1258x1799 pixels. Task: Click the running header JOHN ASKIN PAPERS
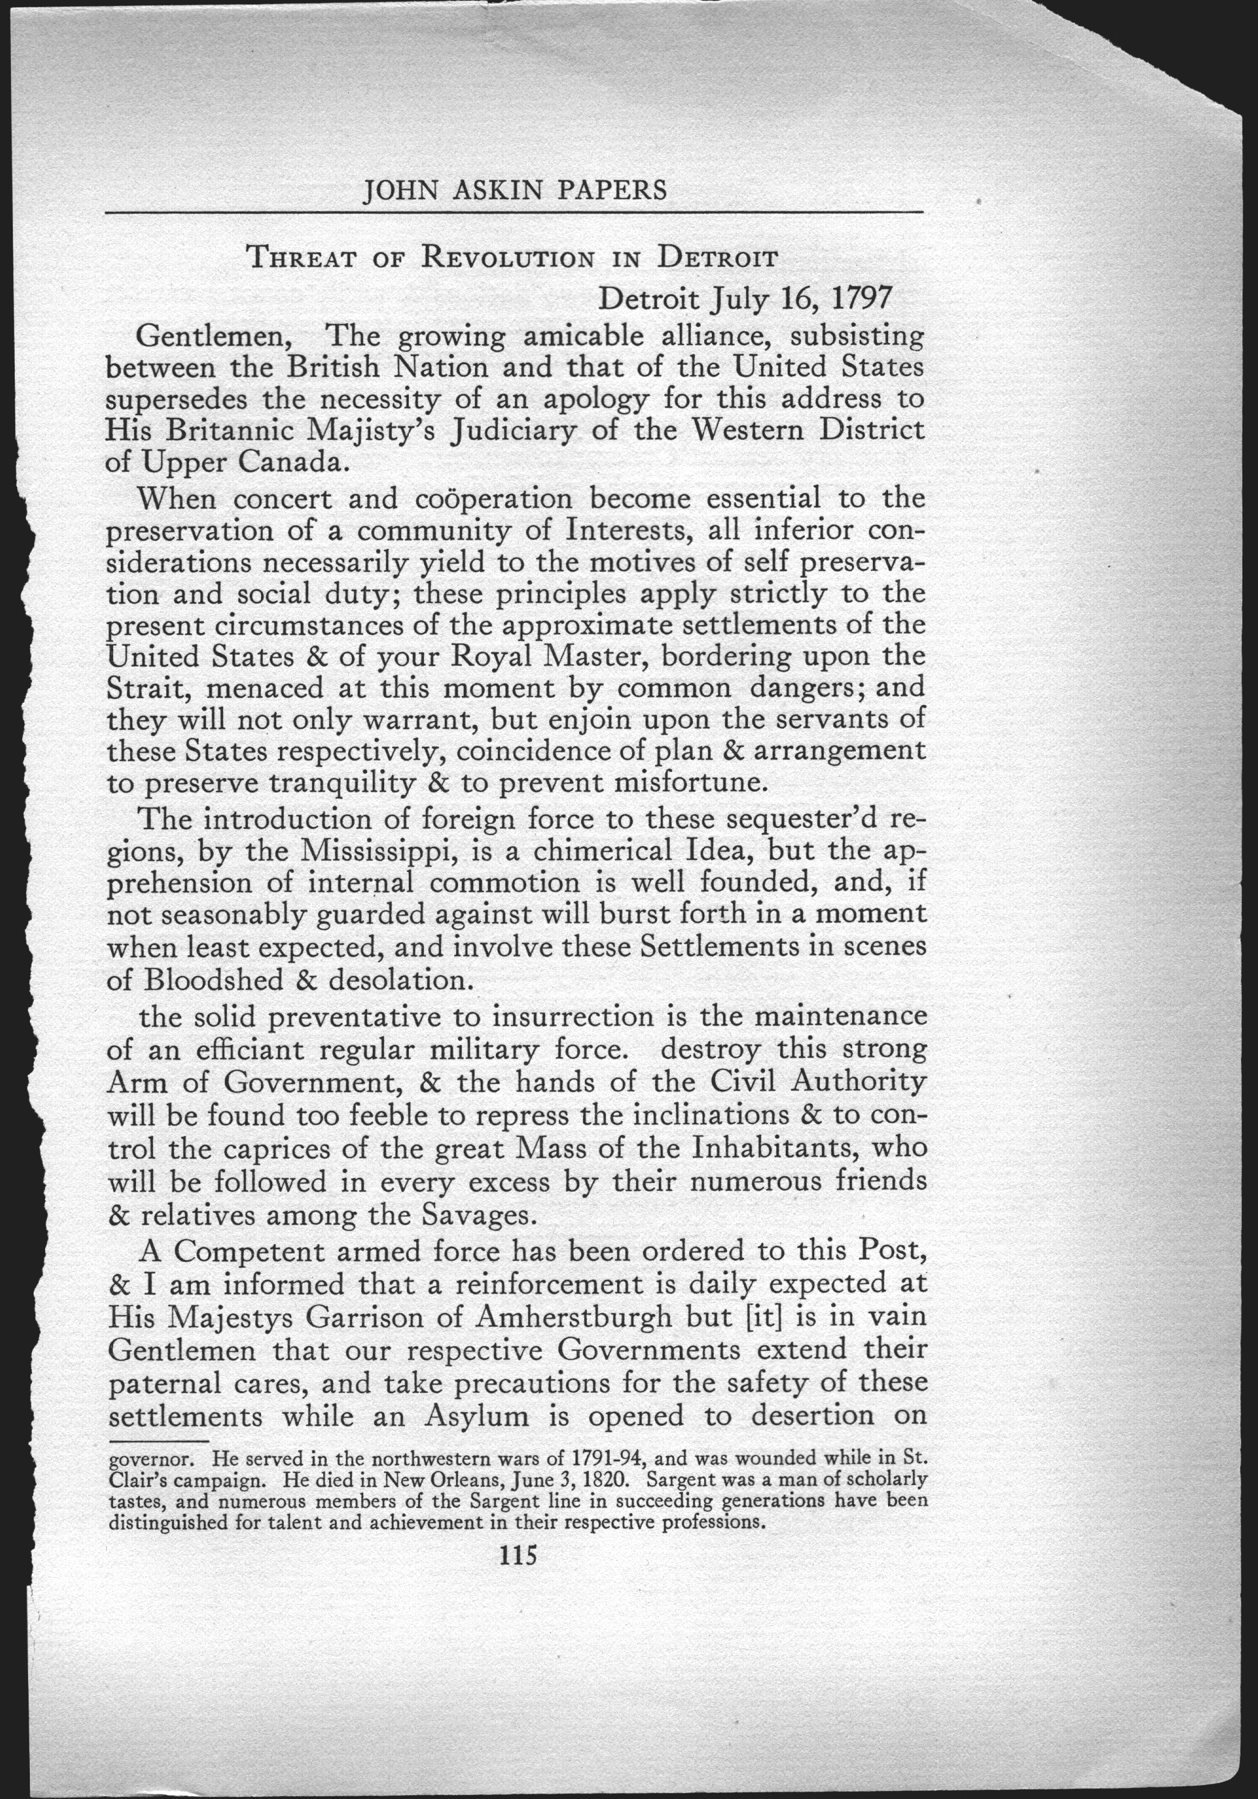pyautogui.click(x=515, y=191)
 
